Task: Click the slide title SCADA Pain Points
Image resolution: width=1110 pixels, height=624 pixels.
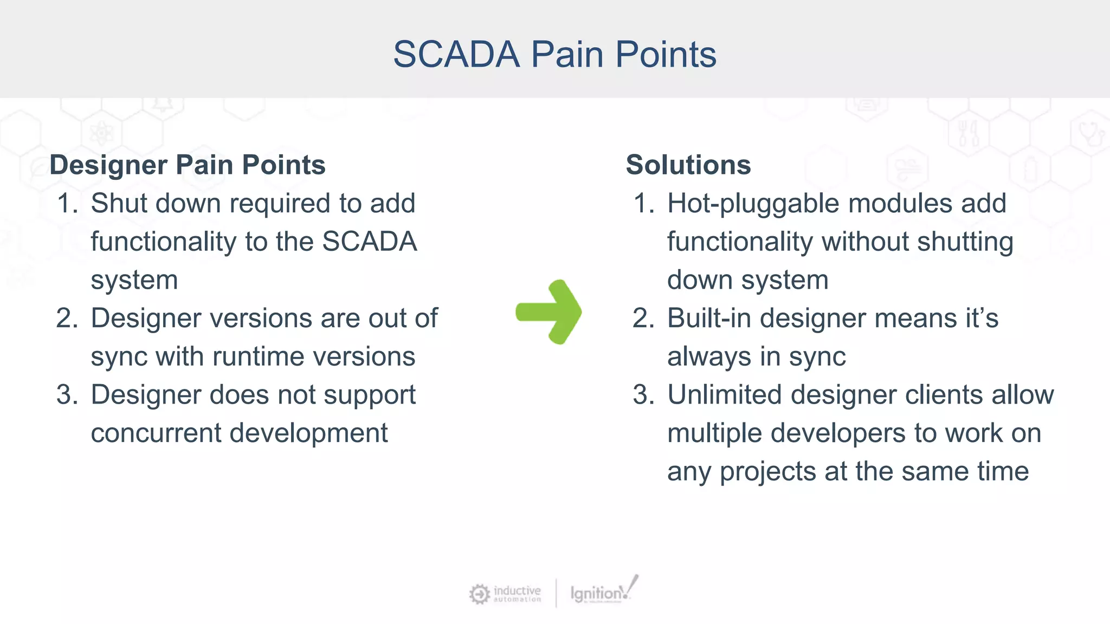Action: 554,54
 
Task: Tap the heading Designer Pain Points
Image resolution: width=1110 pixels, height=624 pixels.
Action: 188,165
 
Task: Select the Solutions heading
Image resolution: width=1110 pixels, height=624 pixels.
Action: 688,165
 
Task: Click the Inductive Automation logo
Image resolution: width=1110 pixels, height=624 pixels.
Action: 505,593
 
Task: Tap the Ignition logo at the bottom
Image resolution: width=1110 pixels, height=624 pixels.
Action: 603,591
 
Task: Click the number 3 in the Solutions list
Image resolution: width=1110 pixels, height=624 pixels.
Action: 643,395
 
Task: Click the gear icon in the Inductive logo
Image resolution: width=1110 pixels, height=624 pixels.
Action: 479,594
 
